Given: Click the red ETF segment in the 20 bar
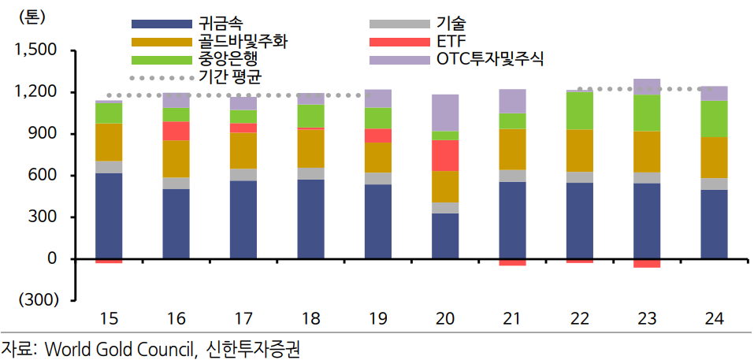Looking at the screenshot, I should pos(445,155).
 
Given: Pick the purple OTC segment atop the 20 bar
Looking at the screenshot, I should pos(445,113).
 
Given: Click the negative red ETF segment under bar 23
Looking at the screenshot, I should pos(647,263).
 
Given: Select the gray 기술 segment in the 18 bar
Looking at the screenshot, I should pos(310,173).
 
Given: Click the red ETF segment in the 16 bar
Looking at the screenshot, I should pos(176,131).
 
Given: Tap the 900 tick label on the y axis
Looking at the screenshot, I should pos(43,134).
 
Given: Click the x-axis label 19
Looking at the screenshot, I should pos(377,318).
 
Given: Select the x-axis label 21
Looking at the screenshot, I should pos(512,318).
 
